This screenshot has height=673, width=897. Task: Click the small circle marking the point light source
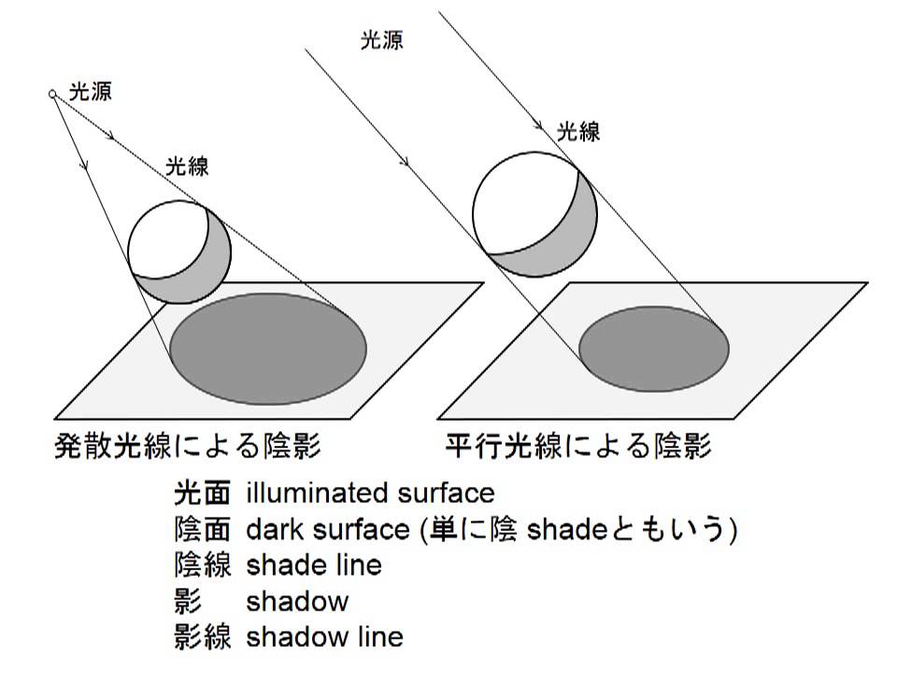53,93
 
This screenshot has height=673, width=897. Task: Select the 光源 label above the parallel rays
381,41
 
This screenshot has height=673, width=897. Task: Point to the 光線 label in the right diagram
578,131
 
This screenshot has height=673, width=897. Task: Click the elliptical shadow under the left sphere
267,348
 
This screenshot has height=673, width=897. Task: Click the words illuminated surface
370,493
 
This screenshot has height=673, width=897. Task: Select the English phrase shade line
314,566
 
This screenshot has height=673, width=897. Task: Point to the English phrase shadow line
325,637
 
